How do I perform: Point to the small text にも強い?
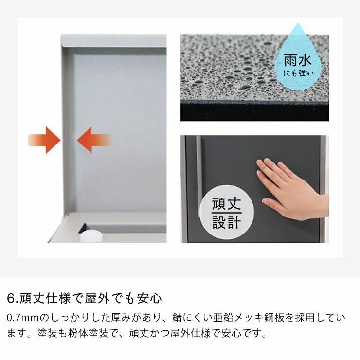[x=298, y=73]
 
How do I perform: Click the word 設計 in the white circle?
[x=226, y=222]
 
